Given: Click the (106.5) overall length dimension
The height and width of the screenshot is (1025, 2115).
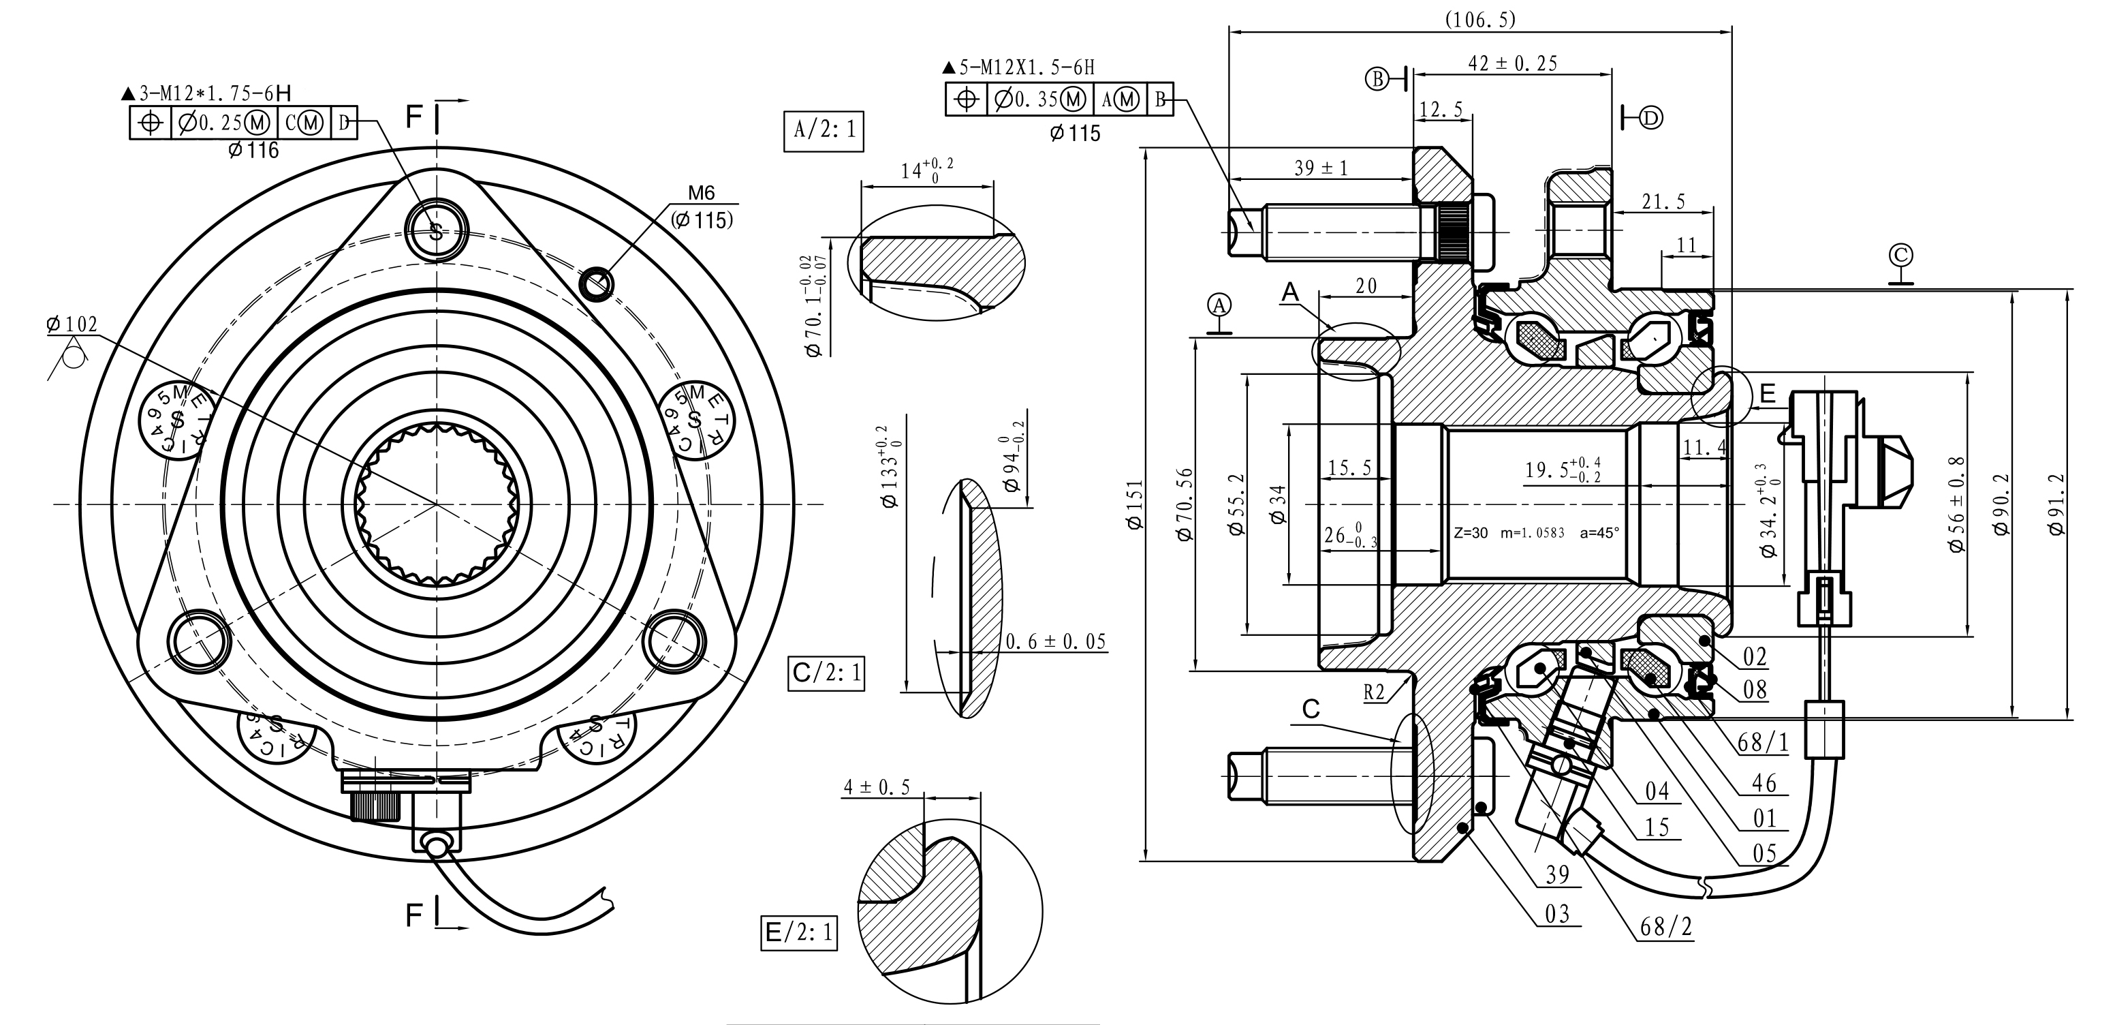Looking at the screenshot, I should coord(1479,20).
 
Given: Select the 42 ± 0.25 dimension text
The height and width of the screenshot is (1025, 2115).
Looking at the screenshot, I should coord(1511,64).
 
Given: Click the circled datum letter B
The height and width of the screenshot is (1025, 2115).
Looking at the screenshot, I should coord(1377,79).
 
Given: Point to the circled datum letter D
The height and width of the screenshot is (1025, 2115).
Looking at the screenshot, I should coord(1651,119).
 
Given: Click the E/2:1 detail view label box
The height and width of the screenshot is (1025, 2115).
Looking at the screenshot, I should coord(799,932).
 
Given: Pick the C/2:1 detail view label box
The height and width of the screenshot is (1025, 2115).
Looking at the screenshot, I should coord(826,673).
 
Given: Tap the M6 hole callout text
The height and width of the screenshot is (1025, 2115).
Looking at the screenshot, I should coord(701,193).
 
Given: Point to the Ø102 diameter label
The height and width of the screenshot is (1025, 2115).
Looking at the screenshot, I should coord(72,325).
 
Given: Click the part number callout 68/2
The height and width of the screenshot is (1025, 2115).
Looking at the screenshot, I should coord(1666,926).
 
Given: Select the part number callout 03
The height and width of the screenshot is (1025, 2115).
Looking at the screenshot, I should coord(1556,913).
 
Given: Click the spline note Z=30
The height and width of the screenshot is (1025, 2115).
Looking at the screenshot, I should coord(1471,532).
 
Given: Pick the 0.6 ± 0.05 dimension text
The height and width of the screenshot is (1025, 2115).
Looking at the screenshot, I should coord(1056,641).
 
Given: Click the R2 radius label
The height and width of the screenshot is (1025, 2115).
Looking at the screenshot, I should coord(1374,692).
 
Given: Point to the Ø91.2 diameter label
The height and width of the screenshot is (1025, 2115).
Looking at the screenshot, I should coord(2055,504).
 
